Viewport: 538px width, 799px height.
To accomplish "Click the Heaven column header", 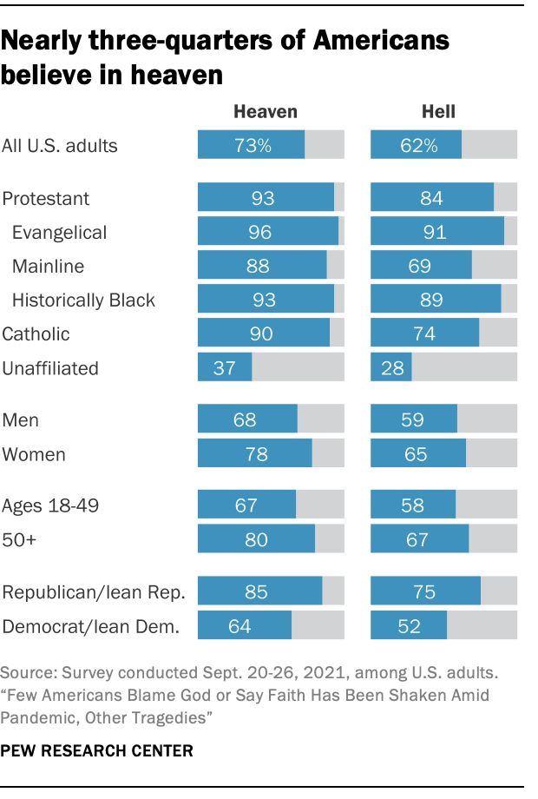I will [266, 112].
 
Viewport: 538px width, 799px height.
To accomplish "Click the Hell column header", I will [438, 112].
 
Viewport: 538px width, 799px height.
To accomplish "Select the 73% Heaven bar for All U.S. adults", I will [252, 145].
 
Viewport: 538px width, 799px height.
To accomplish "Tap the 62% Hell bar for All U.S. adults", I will [417, 145].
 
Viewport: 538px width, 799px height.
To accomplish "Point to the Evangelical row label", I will [59, 233].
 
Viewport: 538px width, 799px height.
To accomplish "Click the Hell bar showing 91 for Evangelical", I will [437, 232].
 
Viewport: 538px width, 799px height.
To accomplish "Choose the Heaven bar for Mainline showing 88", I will [262, 266].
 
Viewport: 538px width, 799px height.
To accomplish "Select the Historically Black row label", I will [83, 300].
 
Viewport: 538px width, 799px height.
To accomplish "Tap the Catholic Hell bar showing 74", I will [425, 333].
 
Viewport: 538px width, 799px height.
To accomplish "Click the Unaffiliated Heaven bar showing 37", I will [225, 367].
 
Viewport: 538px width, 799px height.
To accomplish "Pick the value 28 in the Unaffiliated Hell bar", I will [392, 367].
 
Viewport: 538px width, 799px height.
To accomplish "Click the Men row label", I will [21, 420].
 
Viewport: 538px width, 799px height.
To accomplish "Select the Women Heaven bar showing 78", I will [255, 454].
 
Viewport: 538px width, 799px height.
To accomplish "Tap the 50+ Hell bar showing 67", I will [420, 539].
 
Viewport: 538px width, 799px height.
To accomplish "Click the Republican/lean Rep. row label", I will [94, 593].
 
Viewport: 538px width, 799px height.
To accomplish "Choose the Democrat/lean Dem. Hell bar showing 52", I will [409, 625].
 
